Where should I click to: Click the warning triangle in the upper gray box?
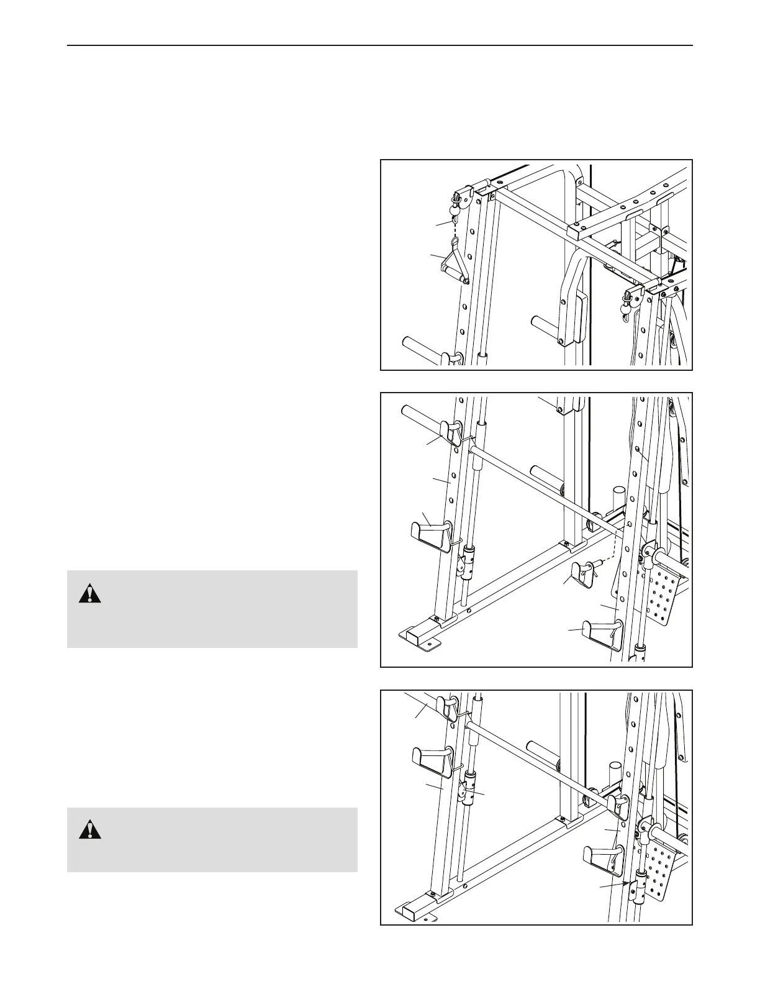click(x=90, y=594)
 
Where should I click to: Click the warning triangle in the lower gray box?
click(x=90, y=830)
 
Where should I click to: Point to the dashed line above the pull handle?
click(x=455, y=240)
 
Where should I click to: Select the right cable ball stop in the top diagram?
click(x=627, y=303)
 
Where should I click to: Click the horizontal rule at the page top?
click(x=379, y=45)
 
